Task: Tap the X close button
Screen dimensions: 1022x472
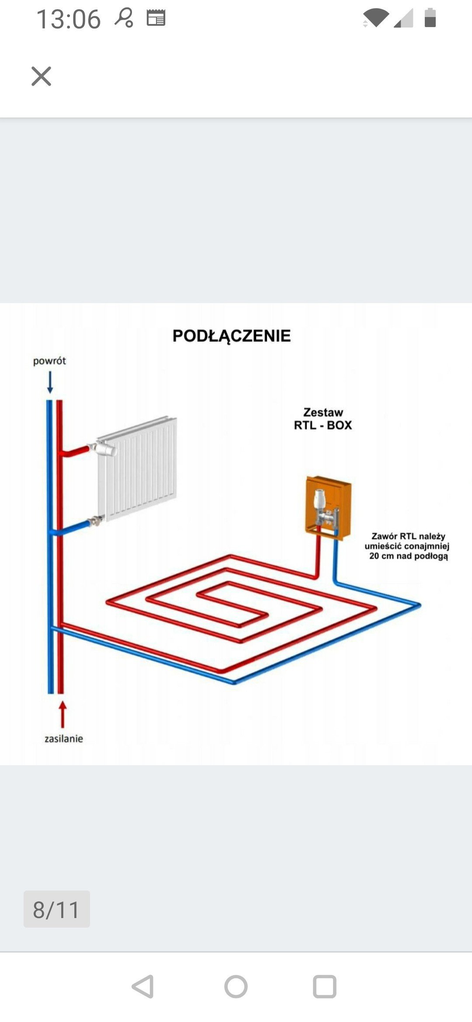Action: point(42,76)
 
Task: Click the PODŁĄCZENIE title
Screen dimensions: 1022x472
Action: point(232,336)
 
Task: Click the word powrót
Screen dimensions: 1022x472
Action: point(49,361)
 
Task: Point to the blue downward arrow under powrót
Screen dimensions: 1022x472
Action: point(50,382)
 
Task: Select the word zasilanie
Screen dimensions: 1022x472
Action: point(64,739)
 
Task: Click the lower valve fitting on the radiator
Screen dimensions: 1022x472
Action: point(96,521)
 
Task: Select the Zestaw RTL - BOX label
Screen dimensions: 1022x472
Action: point(323,419)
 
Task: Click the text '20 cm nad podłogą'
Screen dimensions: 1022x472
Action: point(409,556)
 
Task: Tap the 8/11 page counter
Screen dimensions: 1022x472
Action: point(57,910)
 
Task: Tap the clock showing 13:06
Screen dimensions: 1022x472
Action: point(69,20)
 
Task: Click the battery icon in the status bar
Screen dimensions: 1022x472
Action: point(430,18)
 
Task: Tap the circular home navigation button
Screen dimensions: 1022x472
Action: point(236,987)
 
